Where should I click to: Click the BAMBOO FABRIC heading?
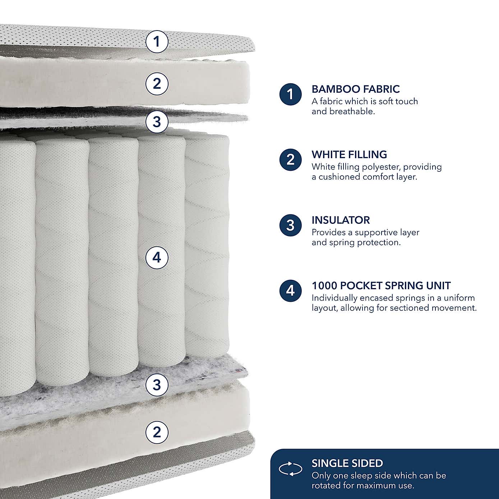(355, 89)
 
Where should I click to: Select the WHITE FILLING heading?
(349, 154)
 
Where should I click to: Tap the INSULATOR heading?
(341, 220)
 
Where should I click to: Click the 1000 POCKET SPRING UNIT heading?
(381, 286)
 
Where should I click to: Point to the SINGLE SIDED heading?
(347, 463)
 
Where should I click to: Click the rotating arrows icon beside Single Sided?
(290, 469)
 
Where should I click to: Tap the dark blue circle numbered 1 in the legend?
(290, 94)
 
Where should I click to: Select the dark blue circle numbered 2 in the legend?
(290, 160)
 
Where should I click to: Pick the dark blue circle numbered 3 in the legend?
(290, 226)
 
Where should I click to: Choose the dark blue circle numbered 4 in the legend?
(290, 291)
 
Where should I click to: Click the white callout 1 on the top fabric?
(157, 42)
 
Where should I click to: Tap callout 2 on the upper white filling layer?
(157, 84)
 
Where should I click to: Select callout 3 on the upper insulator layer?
(157, 121)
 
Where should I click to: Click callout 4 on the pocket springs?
(157, 258)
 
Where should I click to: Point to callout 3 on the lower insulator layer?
(157, 385)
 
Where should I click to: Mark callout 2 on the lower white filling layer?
(157, 432)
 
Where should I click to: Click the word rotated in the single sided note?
(324, 486)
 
